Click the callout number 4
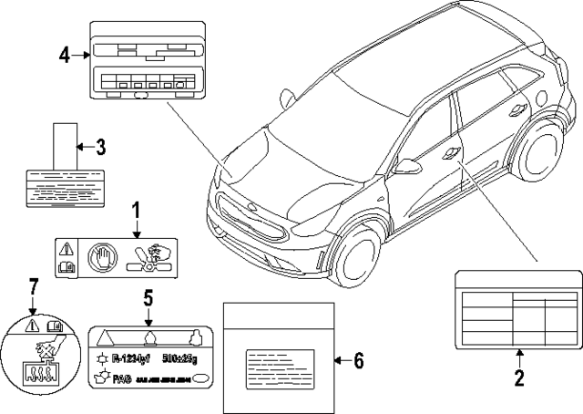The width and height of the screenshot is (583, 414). (64, 56)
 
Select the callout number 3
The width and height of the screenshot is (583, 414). (102, 145)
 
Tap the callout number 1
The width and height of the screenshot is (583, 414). (136, 212)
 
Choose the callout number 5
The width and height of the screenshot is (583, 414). (148, 296)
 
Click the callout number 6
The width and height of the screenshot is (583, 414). (358, 361)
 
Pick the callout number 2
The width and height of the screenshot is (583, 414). (518, 374)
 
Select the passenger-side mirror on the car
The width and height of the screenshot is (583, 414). (409, 168)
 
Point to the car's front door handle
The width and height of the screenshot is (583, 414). (450, 155)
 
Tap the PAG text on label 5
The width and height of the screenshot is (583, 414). (118, 377)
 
